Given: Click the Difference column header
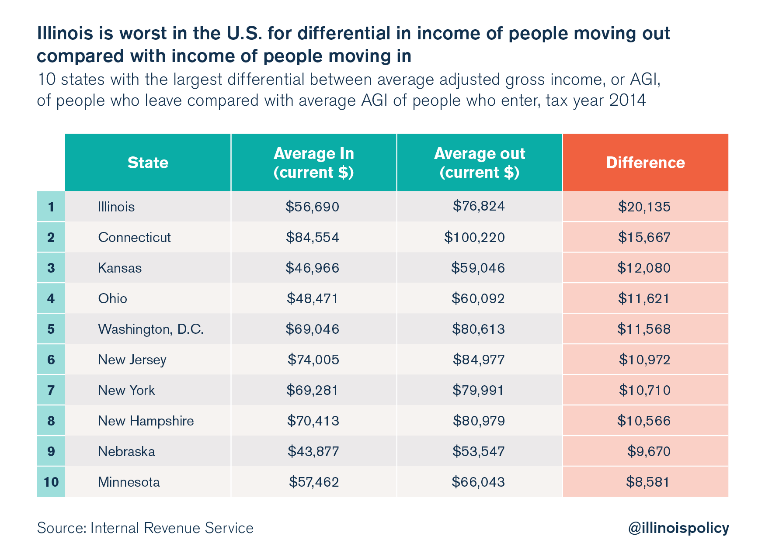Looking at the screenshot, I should tap(645, 163).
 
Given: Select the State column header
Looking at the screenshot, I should tap(148, 163).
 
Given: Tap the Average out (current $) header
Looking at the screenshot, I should tap(480, 163).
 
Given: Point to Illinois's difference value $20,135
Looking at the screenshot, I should tap(644, 206).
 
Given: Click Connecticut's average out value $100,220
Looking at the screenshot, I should tap(475, 237).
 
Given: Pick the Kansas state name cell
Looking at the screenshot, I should tap(120, 268).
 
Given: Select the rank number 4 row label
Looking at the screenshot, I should tap(51, 298).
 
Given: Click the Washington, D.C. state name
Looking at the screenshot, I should tap(151, 329).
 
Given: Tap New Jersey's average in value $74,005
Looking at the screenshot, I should tap(313, 360).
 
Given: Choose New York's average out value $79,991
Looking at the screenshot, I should tap(478, 390).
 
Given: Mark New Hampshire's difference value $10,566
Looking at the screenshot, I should tap(644, 421).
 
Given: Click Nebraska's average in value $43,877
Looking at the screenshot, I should tap(313, 451).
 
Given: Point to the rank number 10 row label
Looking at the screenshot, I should tap(51, 482).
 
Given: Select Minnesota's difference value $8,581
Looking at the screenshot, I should tap(648, 482).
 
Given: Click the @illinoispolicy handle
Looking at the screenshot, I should tap(678, 528).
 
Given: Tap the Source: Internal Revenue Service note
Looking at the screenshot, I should tap(145, 528).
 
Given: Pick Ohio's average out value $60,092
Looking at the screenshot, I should tap(478, 298).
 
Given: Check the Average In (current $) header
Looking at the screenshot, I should tap(314, 163).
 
